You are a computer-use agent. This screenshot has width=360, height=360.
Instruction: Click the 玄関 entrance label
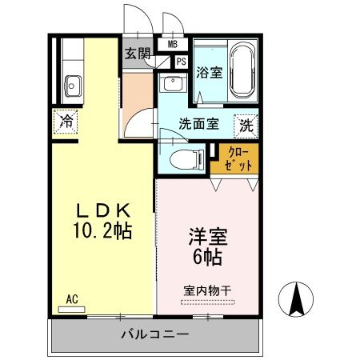(137, 54)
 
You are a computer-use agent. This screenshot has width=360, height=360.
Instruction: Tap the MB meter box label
(173, 45)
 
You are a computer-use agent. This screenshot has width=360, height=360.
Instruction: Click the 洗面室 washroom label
(198, 124)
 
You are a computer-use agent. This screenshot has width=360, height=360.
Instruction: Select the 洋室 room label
(206, 238)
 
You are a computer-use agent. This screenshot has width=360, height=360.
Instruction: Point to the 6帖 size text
(206, 258)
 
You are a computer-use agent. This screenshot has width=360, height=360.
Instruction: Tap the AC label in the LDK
(71, 299)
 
